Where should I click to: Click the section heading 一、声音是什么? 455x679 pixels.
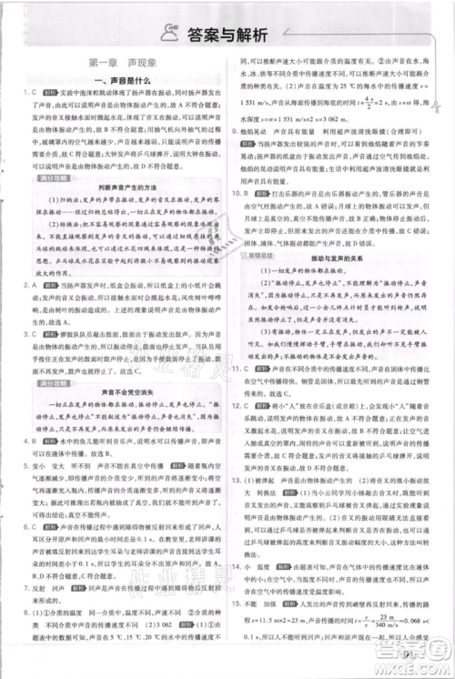pos(116,81)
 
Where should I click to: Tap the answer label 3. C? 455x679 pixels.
pos(23,333)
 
